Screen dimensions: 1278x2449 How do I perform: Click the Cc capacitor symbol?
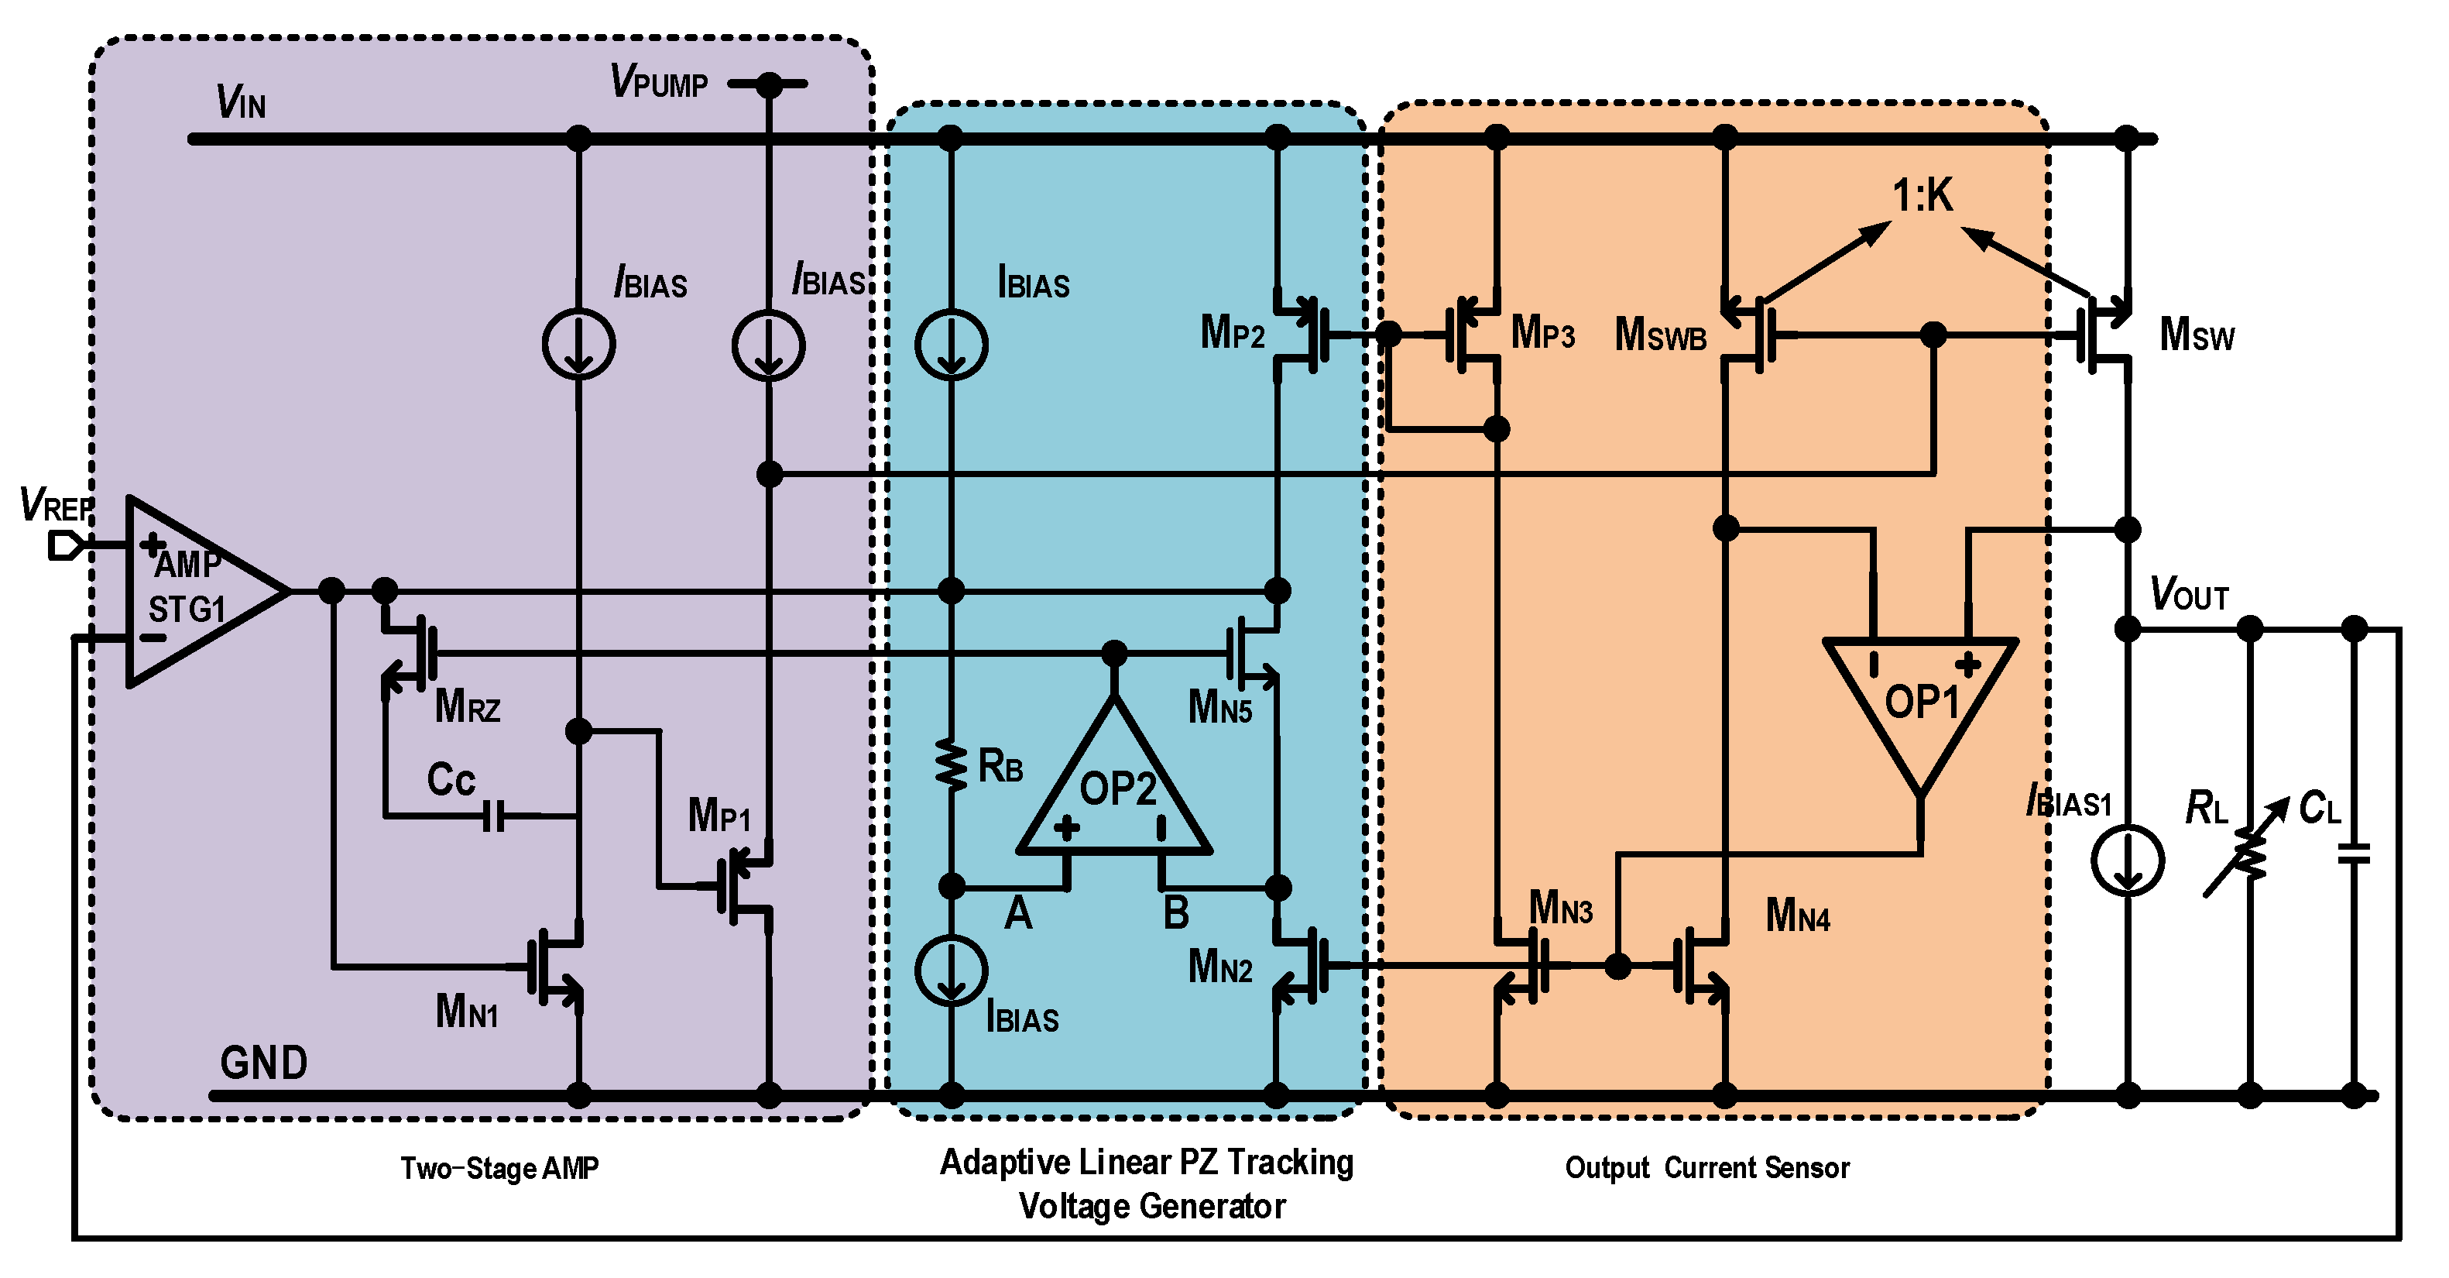[493, 815]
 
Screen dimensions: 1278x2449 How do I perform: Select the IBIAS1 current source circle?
[2128, 861]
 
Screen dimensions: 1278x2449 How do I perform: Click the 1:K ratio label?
[1922, 196]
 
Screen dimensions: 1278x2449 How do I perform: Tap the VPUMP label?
[659, 83]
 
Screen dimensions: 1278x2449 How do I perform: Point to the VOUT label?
[2190, 594]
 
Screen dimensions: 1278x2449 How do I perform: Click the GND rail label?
[263, 1062]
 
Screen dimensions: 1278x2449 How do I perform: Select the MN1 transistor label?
[466, 1012]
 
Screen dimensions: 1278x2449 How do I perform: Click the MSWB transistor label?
[1660, 335]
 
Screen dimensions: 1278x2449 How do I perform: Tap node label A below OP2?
[1018, 914]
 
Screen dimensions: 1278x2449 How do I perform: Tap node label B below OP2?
[1176, 914]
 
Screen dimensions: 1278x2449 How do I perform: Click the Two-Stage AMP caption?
[499, 1168]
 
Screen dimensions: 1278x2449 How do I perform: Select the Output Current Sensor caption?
[1706, 1168]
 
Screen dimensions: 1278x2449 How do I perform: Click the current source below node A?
[951, 970]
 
